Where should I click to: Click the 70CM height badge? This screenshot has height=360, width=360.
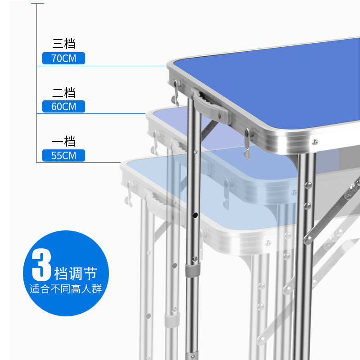[x=63, y=58]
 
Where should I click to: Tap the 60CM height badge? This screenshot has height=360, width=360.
[x=63, y=107]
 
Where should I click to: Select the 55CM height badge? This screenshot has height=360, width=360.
[x=63, y=156]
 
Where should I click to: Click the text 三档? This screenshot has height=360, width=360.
[x=63, y=44]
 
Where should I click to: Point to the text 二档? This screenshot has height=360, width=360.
[x=63, y=93]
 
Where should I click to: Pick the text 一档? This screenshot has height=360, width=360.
[x=63, y=141]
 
